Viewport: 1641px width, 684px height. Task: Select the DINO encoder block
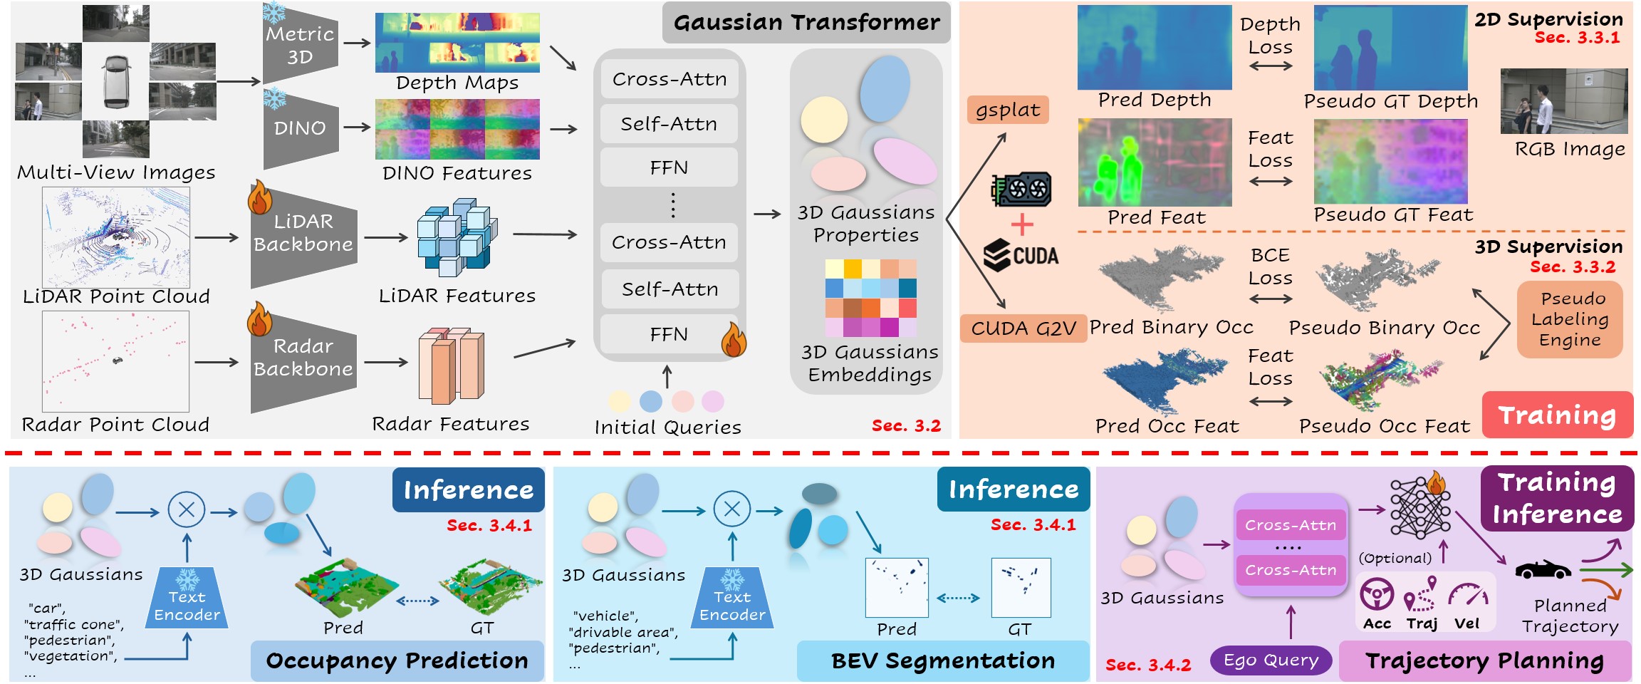click(301, 128)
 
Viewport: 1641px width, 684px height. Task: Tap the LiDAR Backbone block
click(303, 234)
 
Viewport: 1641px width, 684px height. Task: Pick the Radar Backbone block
click(303, 358)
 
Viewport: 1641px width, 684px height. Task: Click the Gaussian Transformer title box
click(806, 23)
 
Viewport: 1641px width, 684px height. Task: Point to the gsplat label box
click(1008, 110)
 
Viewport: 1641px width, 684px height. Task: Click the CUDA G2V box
click(1023, 328)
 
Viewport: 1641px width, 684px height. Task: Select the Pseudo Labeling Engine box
click(1570, 319)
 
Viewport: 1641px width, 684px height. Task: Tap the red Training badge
click(1557, 415)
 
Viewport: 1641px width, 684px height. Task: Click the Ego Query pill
click(1271, 660)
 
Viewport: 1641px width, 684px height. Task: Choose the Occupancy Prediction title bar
click(397, 661)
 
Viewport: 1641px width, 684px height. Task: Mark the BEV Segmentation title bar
click(943, 661)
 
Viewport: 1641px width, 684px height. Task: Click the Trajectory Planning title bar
click(1485, 661)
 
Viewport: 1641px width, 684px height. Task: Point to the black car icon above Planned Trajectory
click(1543, 570)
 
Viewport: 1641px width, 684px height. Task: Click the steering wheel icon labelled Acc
click(1377, 594)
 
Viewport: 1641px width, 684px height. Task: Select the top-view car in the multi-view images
click(116, 81)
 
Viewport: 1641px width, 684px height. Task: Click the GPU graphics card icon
click(1021, 190)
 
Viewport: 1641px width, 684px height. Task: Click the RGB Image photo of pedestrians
click(1564, 101)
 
